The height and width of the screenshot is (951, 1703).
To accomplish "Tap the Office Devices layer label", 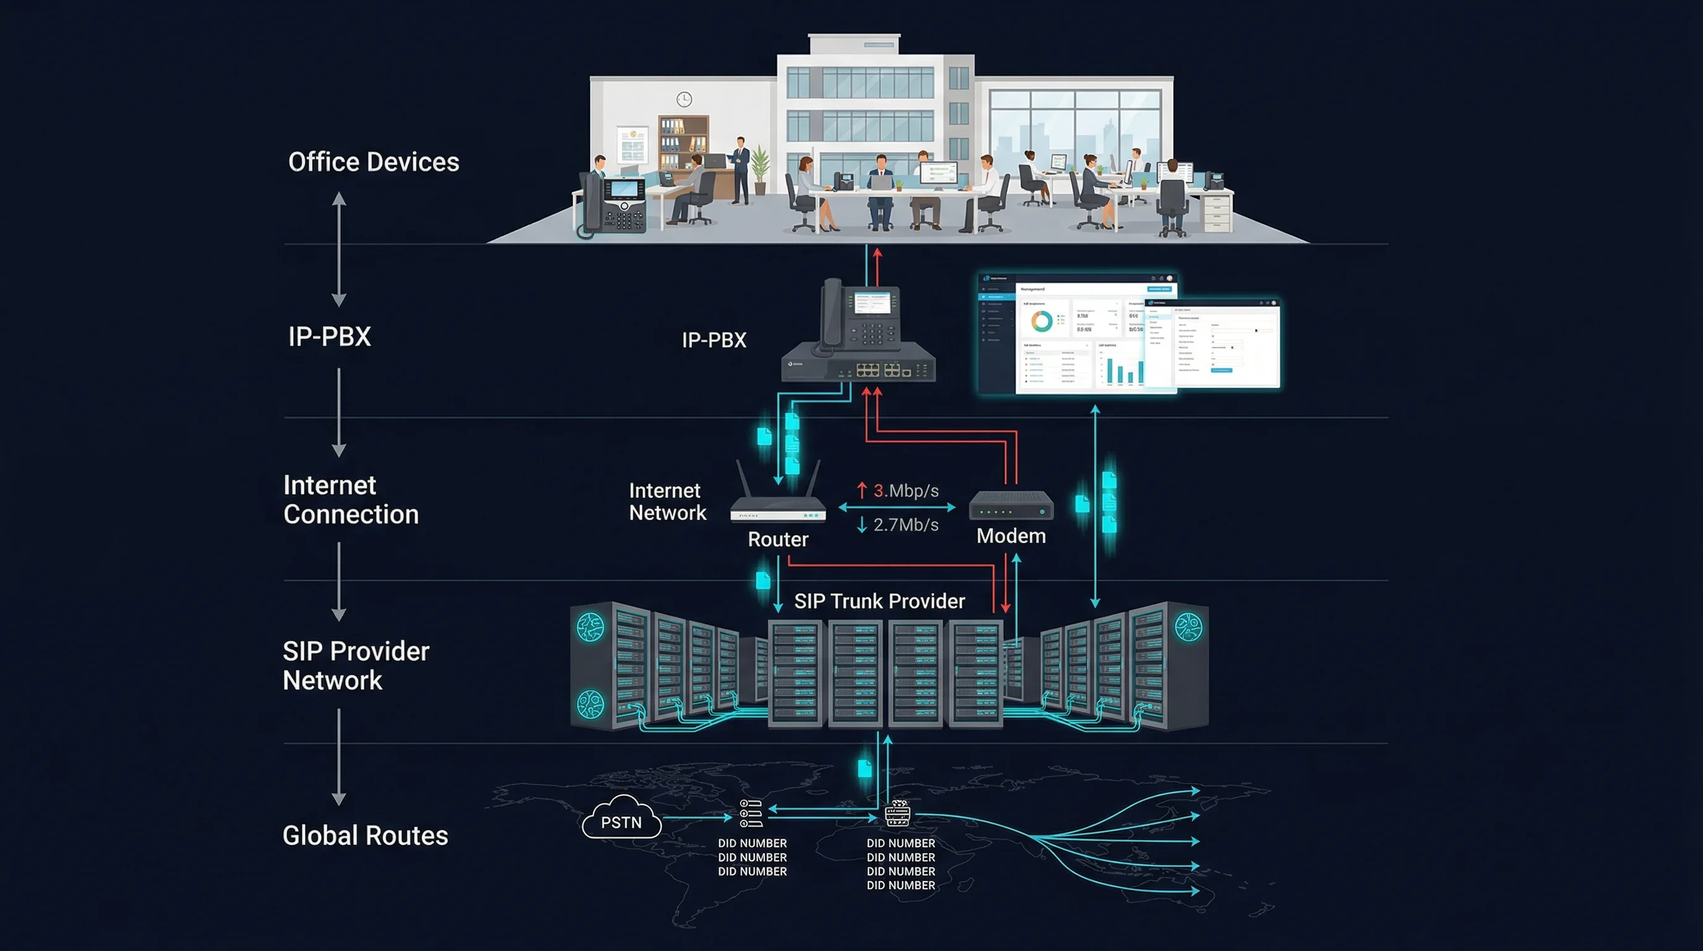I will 374,162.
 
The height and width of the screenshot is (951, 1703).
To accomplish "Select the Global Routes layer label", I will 365,835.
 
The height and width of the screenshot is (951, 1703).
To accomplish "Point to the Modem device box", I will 1011,506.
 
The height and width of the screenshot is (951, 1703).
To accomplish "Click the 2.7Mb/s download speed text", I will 905,525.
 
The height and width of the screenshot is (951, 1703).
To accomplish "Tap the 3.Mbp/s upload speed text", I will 905,491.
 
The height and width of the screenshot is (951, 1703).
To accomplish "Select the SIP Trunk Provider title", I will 879,601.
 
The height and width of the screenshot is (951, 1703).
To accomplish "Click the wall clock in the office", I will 684,99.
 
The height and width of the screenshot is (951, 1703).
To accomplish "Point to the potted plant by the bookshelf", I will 761,168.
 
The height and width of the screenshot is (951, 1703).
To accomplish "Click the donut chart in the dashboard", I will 1042,322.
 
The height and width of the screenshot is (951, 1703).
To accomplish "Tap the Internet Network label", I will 667,502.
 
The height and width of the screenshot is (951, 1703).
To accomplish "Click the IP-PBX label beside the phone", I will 714,340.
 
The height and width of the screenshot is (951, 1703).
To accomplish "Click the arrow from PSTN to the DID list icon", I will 697,817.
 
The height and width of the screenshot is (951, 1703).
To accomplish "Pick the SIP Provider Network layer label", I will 356,666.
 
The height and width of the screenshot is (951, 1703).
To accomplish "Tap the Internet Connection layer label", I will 351,500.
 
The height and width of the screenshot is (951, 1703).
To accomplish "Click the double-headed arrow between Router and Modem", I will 897,508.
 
